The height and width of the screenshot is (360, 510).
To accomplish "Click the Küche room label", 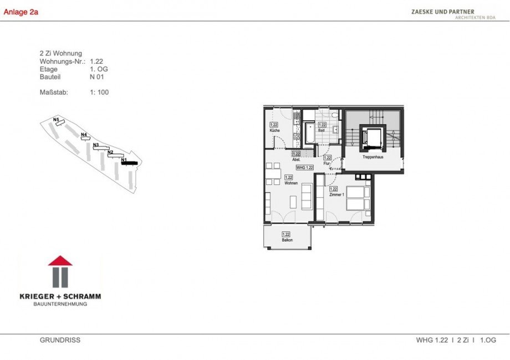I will coord(274,131).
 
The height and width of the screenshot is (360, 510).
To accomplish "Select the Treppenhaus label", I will coord(373,157).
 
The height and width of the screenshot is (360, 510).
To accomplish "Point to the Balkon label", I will coord(286,240).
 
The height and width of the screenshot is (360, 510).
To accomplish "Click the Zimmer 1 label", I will coord(336,195).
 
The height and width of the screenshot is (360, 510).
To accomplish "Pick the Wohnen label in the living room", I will coord(291,183).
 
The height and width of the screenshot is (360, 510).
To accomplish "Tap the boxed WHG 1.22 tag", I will coord(305,167).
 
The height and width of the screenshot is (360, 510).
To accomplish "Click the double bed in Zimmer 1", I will coord(357,198).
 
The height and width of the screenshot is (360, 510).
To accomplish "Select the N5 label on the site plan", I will coord(56,119).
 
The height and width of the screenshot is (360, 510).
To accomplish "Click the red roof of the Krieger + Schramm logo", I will coord(60,260).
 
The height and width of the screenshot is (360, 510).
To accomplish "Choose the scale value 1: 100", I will coord(99,92).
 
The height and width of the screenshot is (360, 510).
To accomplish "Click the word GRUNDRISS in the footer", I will coord(60,340).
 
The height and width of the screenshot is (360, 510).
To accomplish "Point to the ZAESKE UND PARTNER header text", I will coord(442,11).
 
